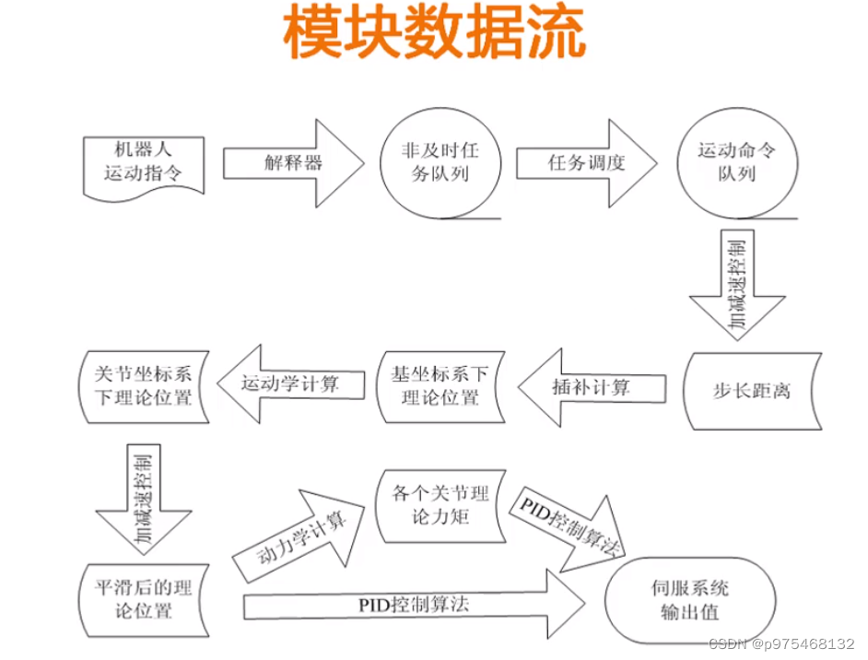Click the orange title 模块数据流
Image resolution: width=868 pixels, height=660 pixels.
pyautogui.click(x=433, y=35)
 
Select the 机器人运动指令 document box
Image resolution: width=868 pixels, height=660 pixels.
pyautogui.click(x=143, y=162)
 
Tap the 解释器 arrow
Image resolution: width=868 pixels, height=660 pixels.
pyautogui.click(x=293, y=163)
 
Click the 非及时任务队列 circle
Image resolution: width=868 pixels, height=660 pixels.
pyautogui.click(x=440, y=162)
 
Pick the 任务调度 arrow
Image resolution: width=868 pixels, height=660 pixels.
pyautogui.click(x=586, y=163)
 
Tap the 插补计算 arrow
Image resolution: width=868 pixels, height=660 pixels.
pyautogui.click(x=592, y=388)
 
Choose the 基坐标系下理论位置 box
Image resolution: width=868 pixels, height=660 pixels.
pyautogui.click(x=440, y=386)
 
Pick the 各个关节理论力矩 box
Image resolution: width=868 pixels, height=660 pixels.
pyautogui.click(x=440, y=505)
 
